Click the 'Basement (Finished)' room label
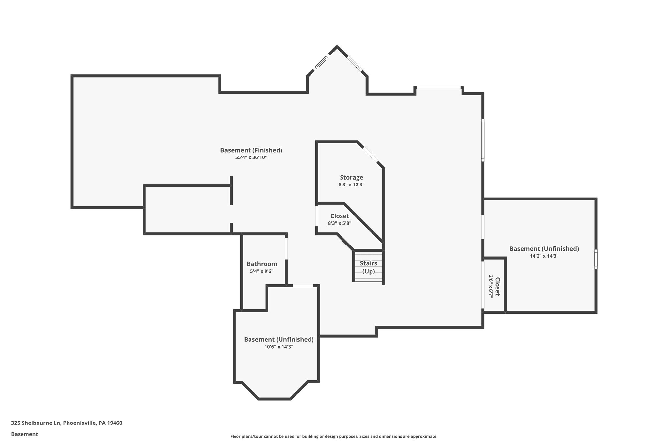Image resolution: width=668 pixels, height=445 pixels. [x=251, y=150]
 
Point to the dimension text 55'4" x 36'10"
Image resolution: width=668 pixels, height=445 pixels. [x=251, y=157]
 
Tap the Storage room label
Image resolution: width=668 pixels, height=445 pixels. [x=351, y=177]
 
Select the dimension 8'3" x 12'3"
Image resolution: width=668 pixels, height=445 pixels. [x=351, y=185]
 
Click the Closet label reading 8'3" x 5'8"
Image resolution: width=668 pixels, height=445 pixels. [x=340, y=216]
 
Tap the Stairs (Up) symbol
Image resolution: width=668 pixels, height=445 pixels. [x=368, y=267]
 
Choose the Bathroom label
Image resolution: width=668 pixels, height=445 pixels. [x=262, y=264]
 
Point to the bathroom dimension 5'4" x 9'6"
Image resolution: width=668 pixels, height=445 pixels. [x=262, y=271]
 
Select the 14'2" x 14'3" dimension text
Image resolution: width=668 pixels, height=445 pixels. [x=544, y=256]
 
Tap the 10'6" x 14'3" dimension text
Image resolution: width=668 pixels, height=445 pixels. [x=279, y=347]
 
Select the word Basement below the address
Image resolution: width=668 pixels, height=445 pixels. [x=24, y=434]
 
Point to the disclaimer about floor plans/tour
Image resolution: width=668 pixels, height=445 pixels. [x=334, y=436]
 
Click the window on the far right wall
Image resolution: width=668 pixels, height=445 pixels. [x=596, y=259]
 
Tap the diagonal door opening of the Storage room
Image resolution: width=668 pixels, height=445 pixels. [x=370, y=155]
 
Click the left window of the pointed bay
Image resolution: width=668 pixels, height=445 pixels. [x=321, y=62]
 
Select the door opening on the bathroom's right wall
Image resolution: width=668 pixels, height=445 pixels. [x=286, y=248]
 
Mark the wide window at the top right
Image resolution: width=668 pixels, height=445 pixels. [x=439, y=87]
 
